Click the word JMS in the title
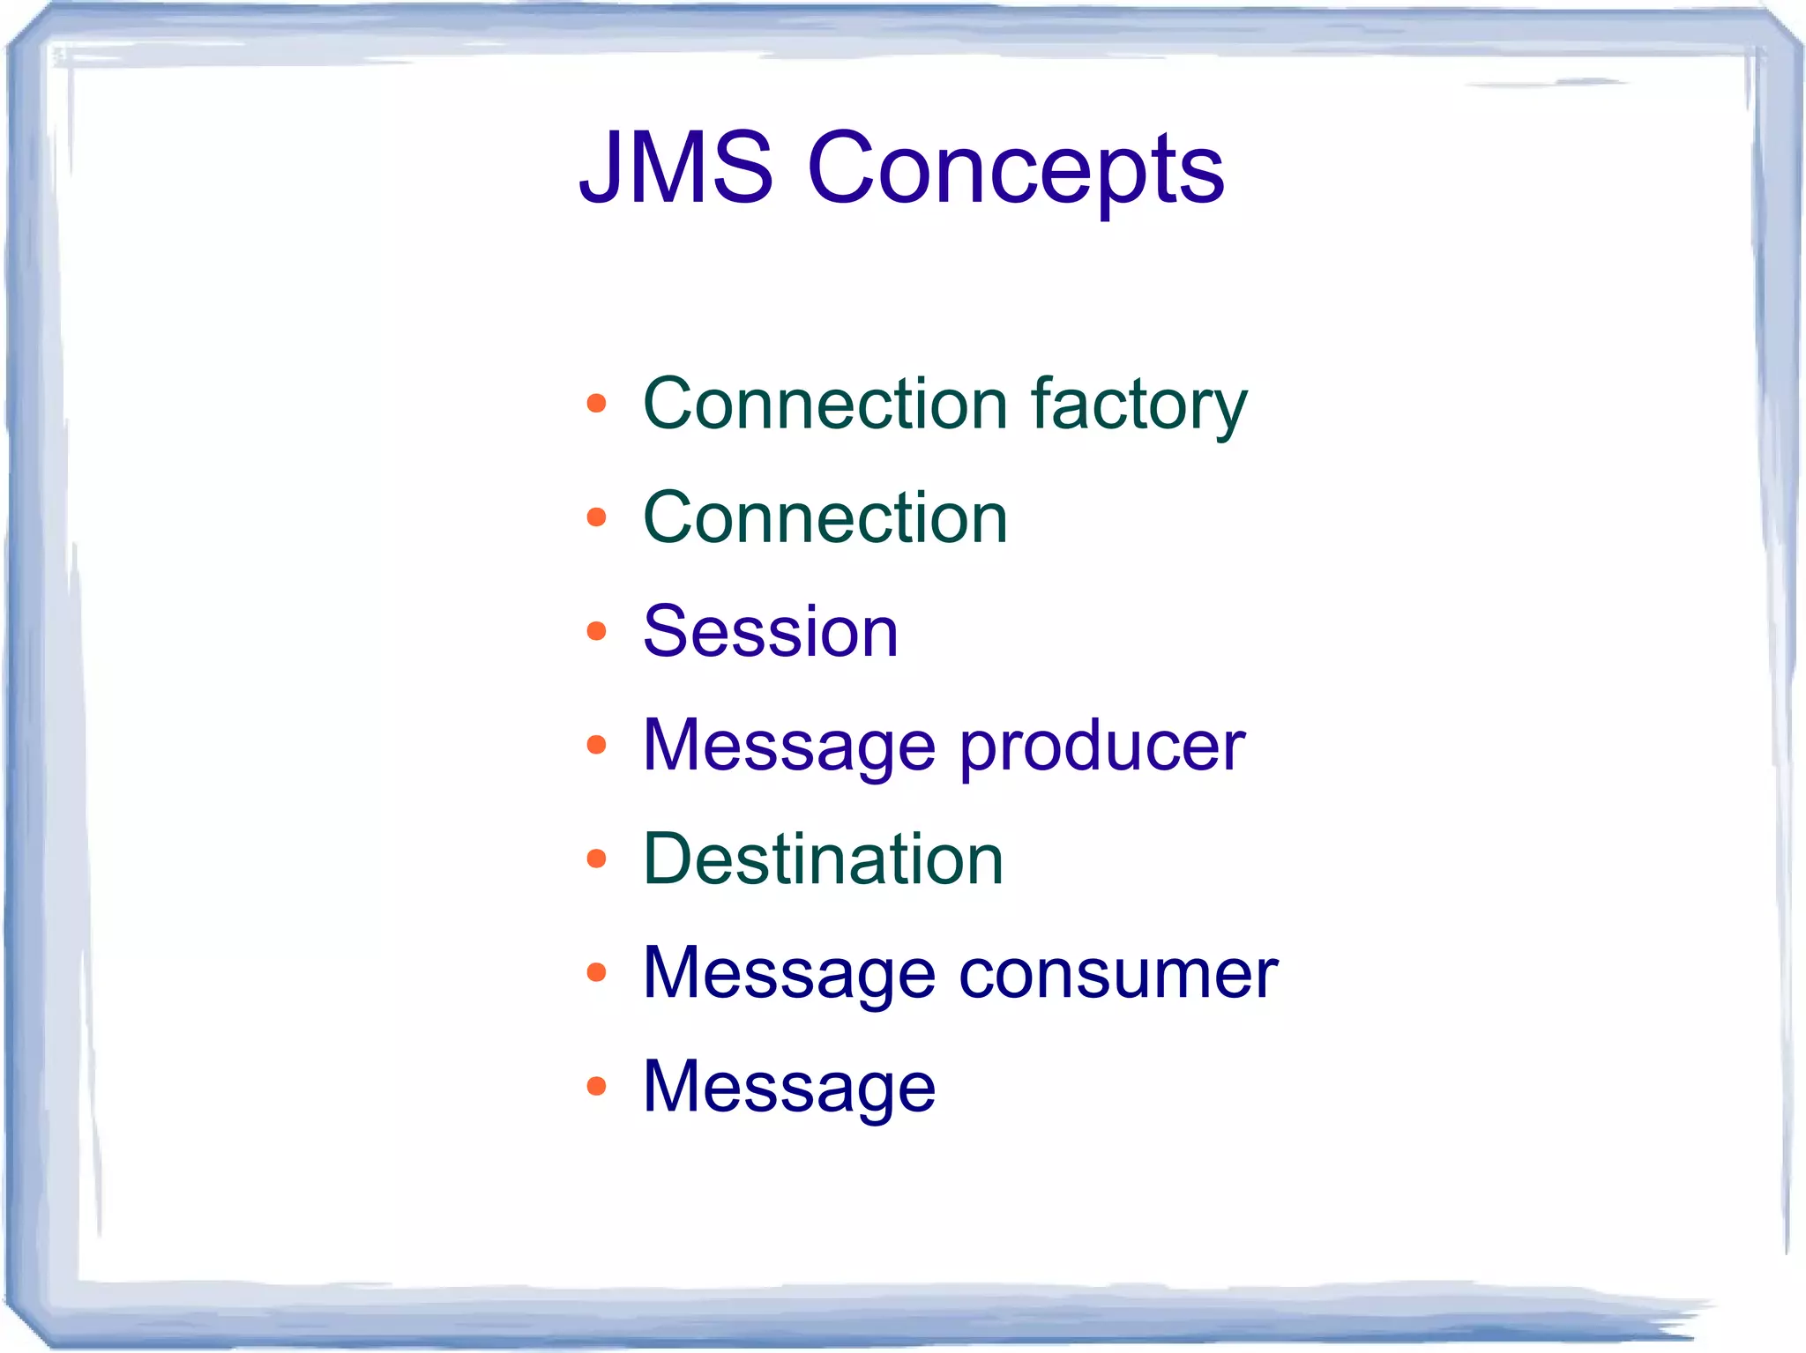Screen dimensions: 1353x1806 [676, 167]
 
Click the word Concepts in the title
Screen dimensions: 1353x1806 [1015, 169]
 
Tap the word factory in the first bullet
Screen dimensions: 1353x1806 [1139, 405]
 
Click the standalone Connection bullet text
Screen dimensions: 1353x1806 [825, 518]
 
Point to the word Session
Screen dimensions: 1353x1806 [771, 632]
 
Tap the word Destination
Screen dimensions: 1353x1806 [824, 859]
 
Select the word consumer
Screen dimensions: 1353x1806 [1118, 974]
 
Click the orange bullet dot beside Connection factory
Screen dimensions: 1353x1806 [597, 404]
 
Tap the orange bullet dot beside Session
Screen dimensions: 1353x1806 [597, 631]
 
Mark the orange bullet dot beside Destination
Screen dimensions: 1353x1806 [597, 859]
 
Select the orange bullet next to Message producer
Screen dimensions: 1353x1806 [597, 746]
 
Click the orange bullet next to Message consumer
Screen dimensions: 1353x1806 [597, 973]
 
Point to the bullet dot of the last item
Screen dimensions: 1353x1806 [597, 1086]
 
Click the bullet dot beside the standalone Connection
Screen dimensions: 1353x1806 [597, 517]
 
